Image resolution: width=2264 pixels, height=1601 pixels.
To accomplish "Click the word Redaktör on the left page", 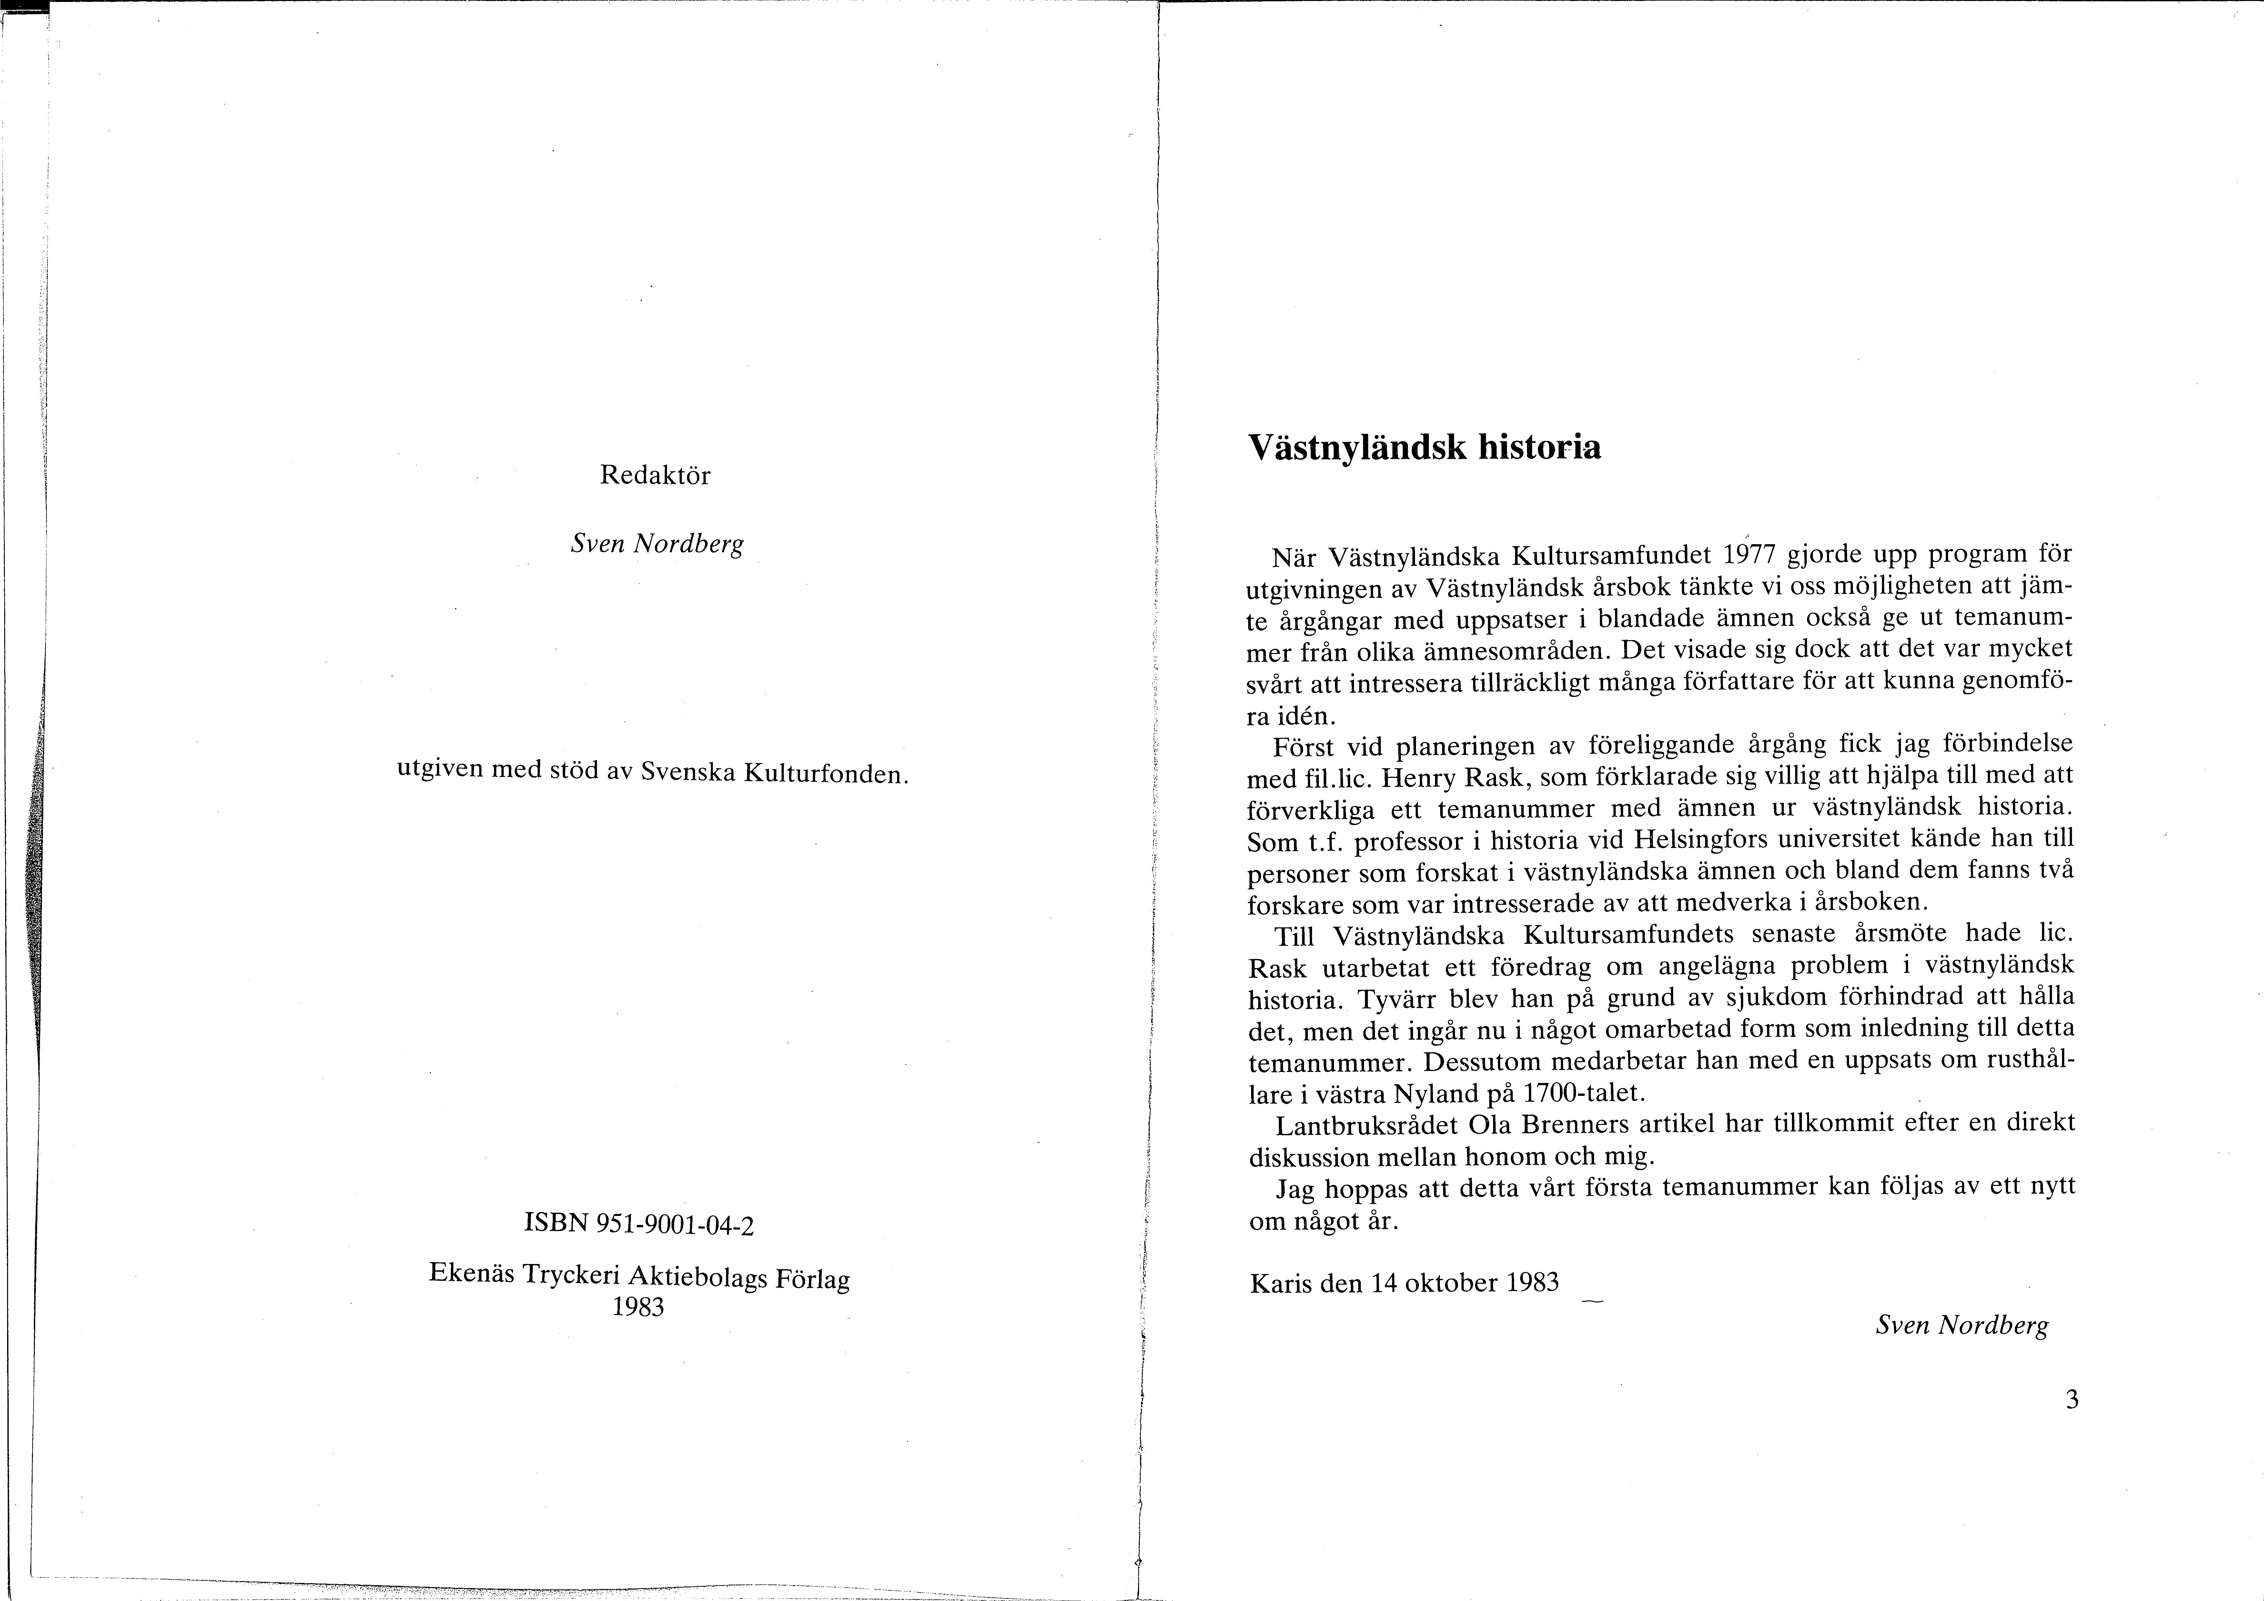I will [x=655, y=475].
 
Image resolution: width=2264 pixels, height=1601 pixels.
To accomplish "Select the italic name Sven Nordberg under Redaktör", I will [x=657, y=544].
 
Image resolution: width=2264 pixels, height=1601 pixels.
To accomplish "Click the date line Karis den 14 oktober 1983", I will [x=1404, y=1283].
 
